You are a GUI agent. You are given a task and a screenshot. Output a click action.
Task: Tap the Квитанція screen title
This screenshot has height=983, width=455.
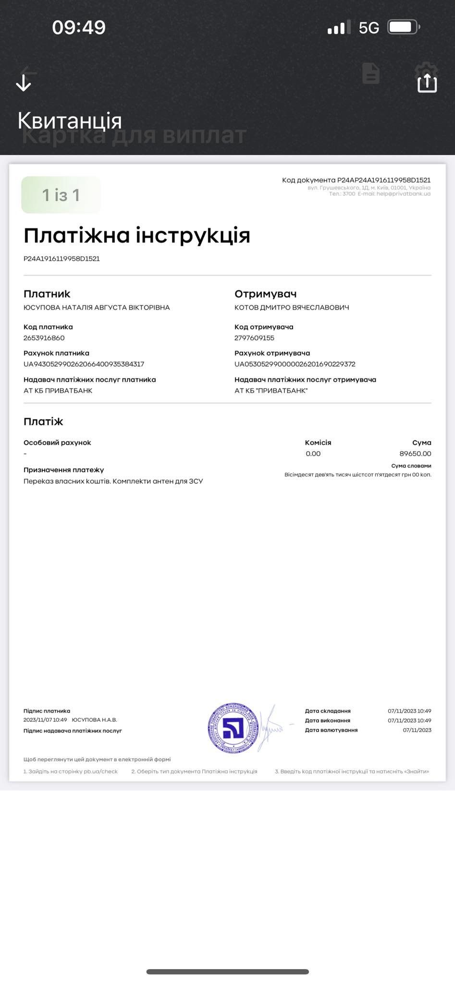pyautogui.click(x=70, y=120)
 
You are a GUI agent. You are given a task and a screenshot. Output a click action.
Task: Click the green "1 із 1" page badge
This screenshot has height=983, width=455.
pyautogui.click(x=61, y=195)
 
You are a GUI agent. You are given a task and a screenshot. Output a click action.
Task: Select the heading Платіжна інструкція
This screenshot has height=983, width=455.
pyautogui.click(x=137, y=235)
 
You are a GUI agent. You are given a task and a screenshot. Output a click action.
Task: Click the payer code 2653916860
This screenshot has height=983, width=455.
pyautogui.click(x=44, y=338)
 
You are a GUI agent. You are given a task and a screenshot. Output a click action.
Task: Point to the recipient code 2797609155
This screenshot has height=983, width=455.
pyautogui.click(x=255, y=338)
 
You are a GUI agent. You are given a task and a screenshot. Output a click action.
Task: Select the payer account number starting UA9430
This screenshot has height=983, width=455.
pyautogui.click(x=84, y=364)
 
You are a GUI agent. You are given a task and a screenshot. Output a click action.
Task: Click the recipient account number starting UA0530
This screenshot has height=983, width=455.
pyautogui.click(x=295, y=364)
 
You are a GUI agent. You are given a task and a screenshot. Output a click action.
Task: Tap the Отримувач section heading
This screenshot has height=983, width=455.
pyautogui.click(x=266, y=294)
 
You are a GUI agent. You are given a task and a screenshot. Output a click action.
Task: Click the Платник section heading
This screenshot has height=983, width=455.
pyautogui.click(x=47, y=294)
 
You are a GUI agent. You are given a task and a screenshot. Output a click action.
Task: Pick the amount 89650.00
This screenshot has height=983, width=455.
pyautogui.click(x=415, y=454)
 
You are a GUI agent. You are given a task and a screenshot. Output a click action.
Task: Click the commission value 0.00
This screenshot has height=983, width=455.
pyautogui.click(x=313, y=454)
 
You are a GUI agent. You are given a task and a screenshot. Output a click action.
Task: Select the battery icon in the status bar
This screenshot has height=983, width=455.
pyautogui.click(x=404, y=27)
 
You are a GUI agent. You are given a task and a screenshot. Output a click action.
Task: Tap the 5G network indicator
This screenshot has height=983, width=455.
pyautogui.click(x=369, y=28)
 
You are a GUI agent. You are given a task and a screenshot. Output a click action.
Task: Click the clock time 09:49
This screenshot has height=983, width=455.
pyautogui.click(x=79, y=27)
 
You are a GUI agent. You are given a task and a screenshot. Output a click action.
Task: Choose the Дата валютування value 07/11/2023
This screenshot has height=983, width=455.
pyautogui.click(x=417, y=730)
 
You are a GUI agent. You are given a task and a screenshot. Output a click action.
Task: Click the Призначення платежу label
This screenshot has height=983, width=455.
pyautogui.click(x=64, y=470)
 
